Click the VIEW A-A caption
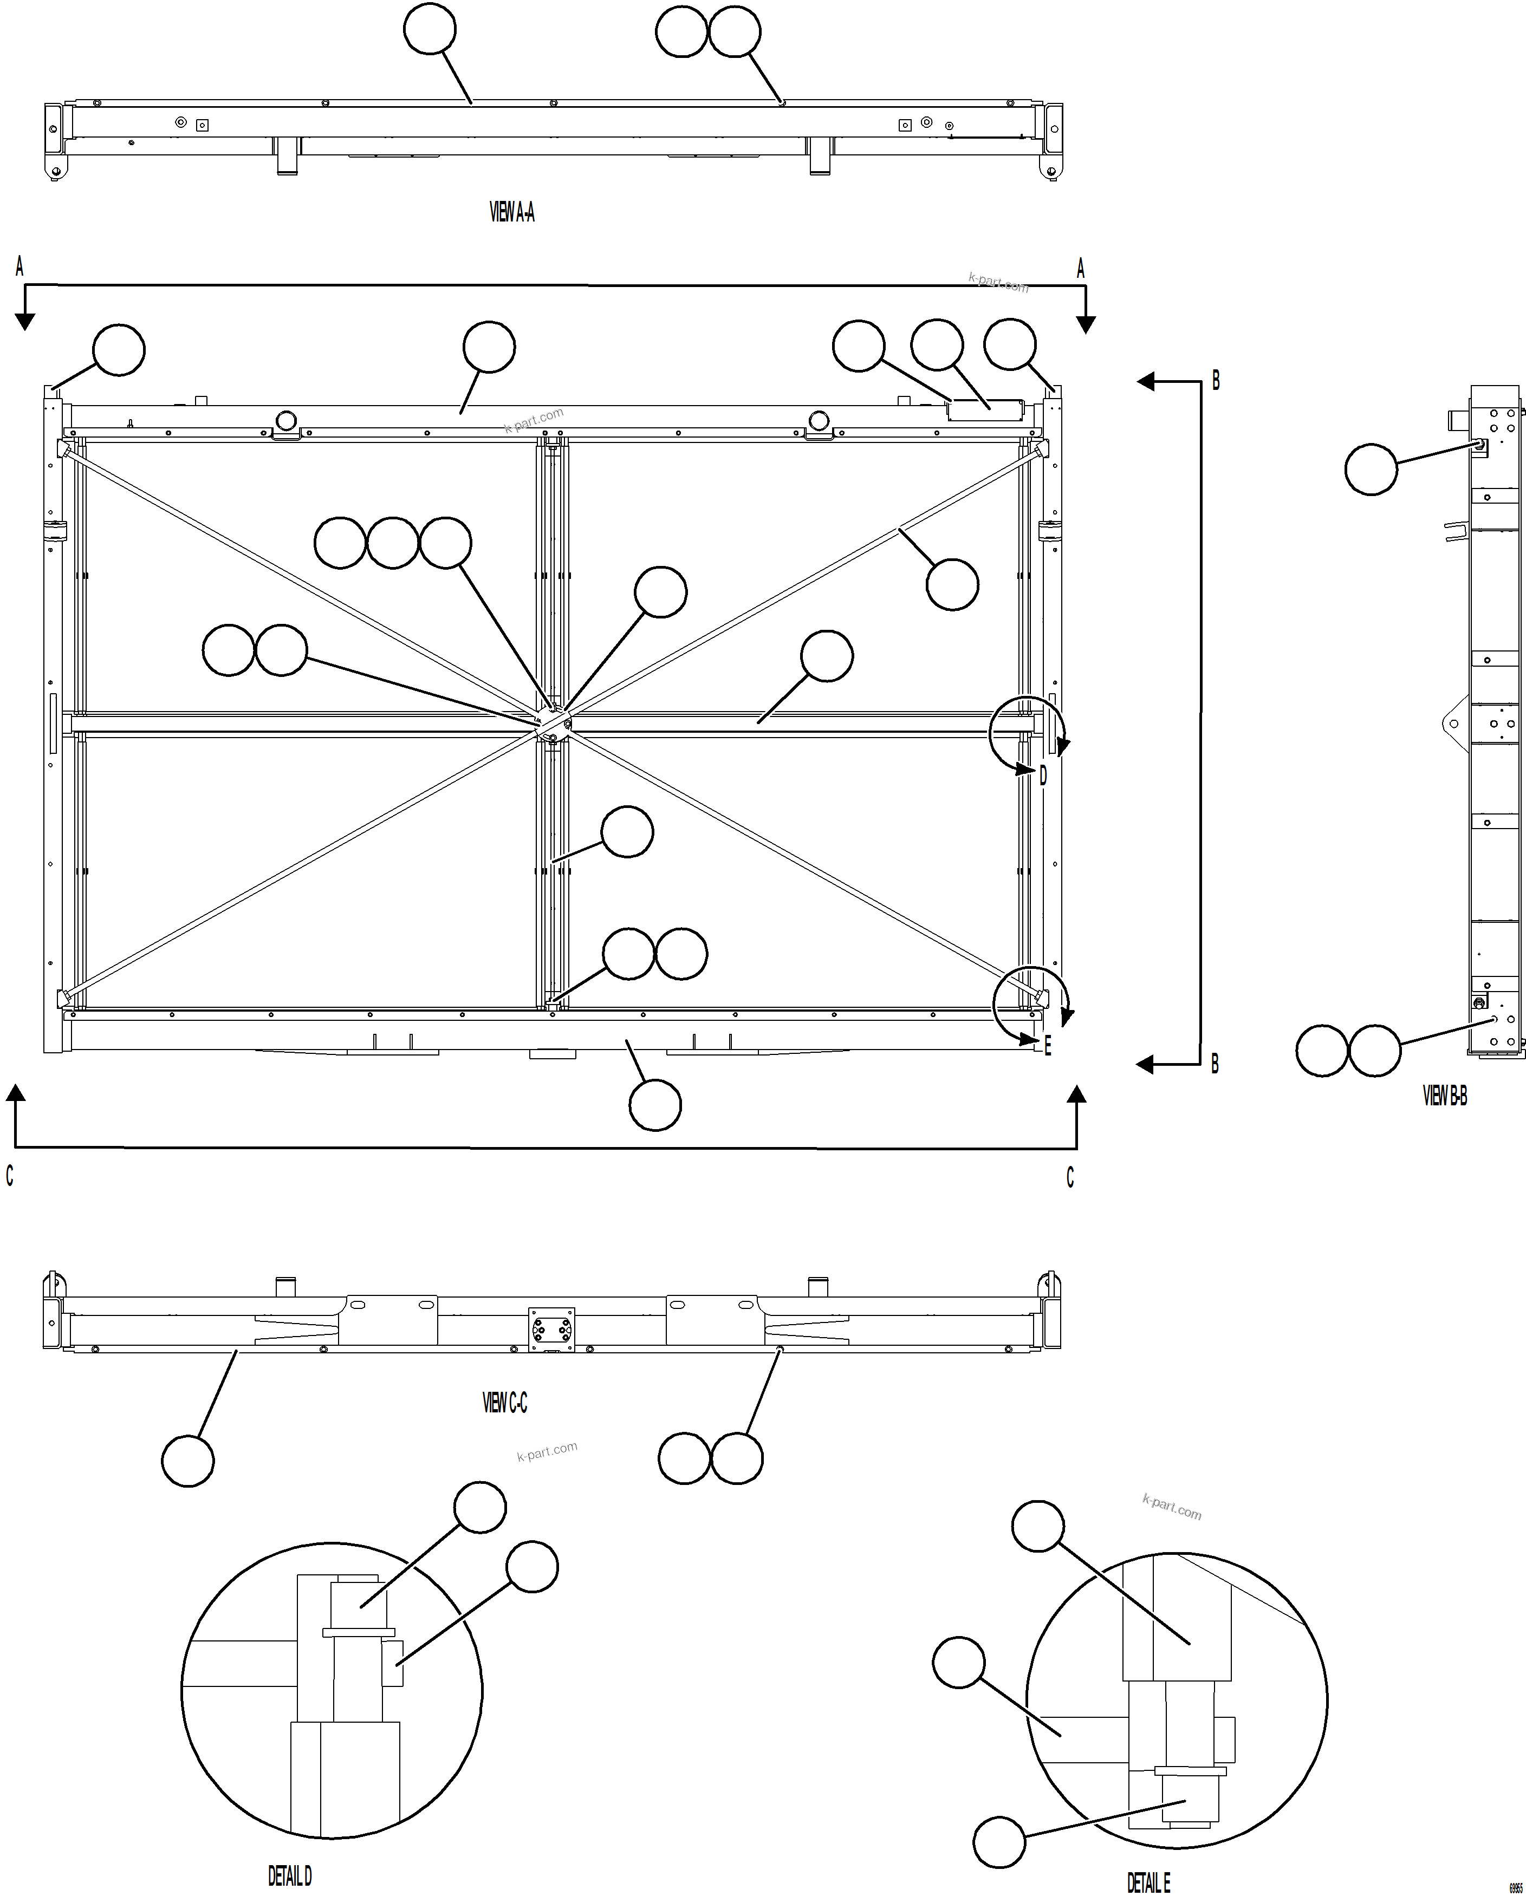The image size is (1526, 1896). (512, 212)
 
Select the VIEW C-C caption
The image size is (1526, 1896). (505, 1403)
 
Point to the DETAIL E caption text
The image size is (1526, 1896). (1148, 1882)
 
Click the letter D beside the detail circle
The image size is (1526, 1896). (1044, 776)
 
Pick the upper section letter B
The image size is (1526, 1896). (1216, 381)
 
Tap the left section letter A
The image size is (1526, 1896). (20, 268)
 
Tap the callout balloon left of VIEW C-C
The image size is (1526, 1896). (188, 1461)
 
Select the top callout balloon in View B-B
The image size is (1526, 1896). (1371, 470)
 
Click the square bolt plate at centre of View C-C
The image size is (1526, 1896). (550, 1329)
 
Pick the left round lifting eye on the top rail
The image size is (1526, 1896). (286, 420)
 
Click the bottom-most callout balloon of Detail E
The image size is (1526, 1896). (999, 1841)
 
